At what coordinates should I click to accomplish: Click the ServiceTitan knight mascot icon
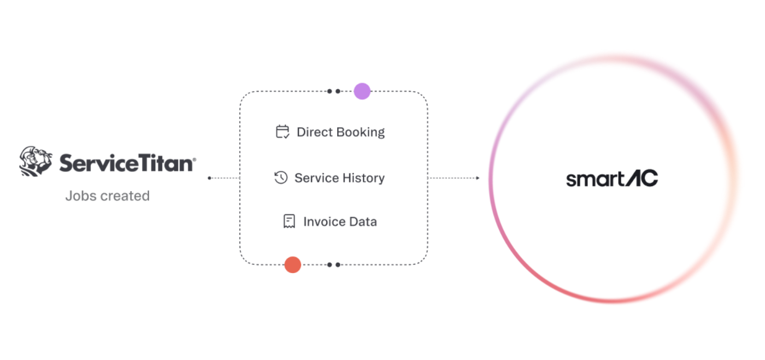coord(36,161)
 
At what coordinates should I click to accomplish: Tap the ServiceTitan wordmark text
coord(126,163)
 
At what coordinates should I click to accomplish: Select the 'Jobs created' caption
coord(108,196)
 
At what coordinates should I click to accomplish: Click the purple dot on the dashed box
coord(362,91)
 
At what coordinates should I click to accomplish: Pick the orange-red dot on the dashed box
coord(293,265)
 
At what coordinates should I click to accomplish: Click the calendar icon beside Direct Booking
coord(283,132)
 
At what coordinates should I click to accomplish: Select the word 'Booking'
coord(361,133)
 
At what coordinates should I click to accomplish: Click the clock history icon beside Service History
coord(281,178)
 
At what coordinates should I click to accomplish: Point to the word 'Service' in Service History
coord(316,178)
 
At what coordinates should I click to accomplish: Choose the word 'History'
coord(364,178)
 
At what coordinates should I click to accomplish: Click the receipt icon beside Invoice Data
coord(289,221)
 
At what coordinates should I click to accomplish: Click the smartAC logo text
coord(612,178)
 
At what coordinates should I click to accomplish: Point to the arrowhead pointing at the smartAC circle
coord(478,178)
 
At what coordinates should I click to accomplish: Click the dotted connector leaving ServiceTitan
coord(225,178)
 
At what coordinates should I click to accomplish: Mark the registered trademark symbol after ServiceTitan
coord(195,159)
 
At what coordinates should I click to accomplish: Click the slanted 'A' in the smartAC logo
coord(633,178)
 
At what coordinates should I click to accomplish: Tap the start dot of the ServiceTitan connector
coord(209,178)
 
